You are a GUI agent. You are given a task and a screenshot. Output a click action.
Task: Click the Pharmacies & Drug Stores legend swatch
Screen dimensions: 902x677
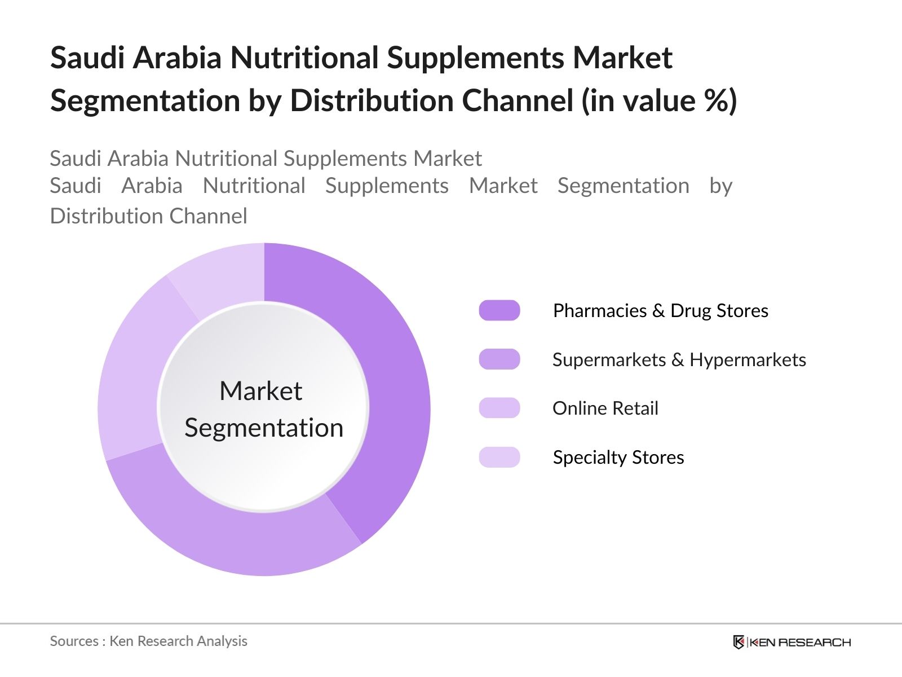click(x=499, y=310)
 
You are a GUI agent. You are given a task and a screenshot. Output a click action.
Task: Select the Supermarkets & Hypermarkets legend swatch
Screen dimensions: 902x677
click(x=499, y=359)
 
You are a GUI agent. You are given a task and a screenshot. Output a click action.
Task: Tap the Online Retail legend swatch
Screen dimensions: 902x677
click(x=499, y=408)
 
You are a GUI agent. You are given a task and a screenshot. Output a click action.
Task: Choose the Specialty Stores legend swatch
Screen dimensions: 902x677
click(x=499, y=457)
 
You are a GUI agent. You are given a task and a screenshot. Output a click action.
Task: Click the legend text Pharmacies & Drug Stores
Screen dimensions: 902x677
click(x=660, y=311)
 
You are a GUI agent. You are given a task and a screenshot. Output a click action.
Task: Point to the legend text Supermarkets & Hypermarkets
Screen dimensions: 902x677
click(x=679, y=360)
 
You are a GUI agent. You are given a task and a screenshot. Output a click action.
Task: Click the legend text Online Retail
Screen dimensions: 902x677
click(x=605, y=408)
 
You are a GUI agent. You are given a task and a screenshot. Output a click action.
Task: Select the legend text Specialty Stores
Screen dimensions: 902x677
click(x=618, y=458)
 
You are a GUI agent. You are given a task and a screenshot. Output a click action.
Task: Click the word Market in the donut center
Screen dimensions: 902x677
click(x=261, y=390)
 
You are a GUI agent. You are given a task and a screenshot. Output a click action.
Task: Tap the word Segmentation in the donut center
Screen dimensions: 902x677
click(x=264, y=428)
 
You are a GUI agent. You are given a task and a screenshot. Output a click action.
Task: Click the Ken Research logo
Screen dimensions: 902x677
click(x=792, y=642)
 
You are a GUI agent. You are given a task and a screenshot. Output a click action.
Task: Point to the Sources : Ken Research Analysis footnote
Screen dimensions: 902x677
click(x=148, y=641)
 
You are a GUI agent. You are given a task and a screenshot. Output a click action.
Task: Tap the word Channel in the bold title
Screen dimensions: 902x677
click(x=518, y=101)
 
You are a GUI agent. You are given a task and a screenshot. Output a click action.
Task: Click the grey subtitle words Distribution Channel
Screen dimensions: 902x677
click(x=148, y=216)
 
